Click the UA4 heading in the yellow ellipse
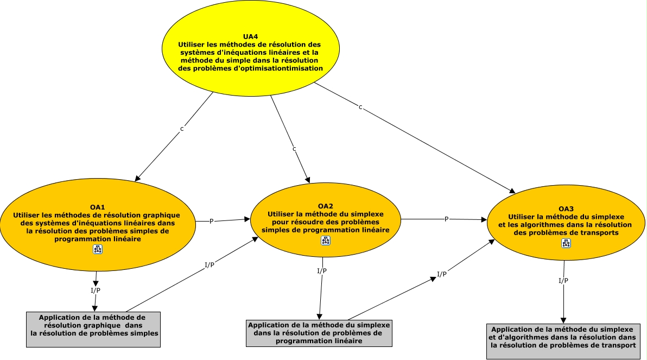coord(250,37)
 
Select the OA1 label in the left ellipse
coord(97,207)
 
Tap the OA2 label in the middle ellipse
coord(326,206)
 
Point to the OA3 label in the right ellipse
coord(566,209)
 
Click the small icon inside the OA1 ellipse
coord(98,249)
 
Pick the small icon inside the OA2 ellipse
coord(326,241)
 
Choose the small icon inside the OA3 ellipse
coord(566,243)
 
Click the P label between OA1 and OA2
coord(211,222)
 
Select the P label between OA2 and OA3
coord(446,219)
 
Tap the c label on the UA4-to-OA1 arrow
coord(181,129)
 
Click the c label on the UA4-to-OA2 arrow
coord(294,149)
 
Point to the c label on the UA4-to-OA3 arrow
coord(360,107)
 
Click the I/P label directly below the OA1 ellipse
coord(96,290)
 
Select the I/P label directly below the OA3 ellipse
coord(563,281)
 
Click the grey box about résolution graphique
coord(93,330)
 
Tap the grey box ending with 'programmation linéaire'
coord(319,333)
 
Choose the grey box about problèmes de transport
coord(563,342)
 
